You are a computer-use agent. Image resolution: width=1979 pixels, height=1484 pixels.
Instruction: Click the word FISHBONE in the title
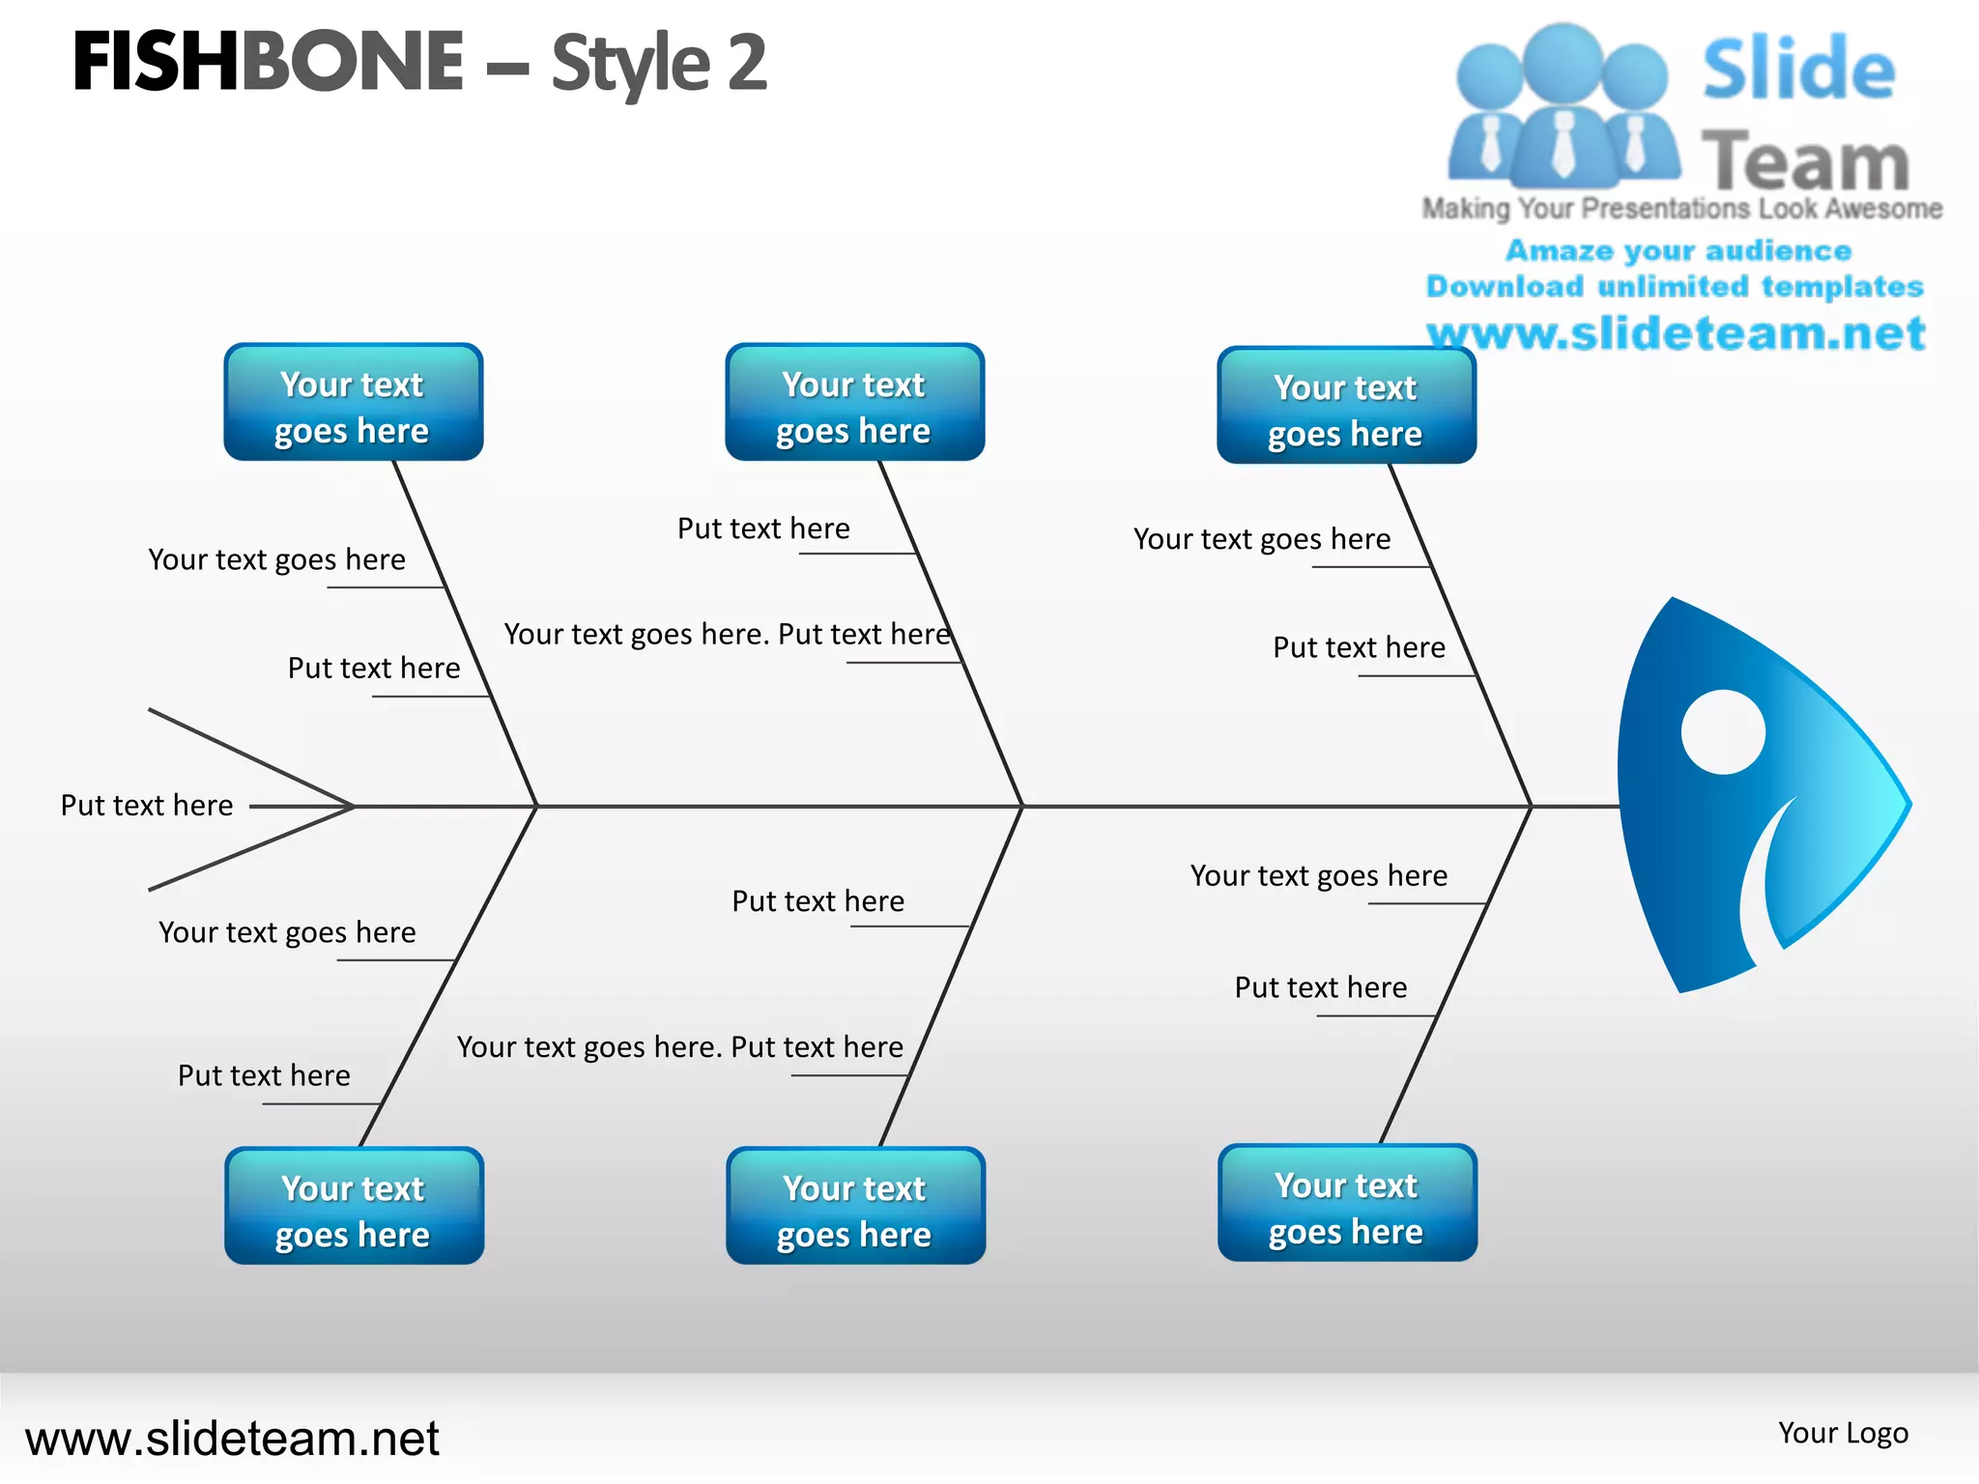point(268,62)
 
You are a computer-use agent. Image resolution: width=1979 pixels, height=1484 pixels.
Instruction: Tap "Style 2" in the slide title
point(659,64)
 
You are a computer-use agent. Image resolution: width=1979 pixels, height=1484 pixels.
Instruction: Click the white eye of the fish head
point(1723,731)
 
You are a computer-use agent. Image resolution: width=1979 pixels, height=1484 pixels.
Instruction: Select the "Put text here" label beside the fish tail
point(147,805)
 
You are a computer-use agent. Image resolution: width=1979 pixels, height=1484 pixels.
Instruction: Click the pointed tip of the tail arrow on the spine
point(353,805)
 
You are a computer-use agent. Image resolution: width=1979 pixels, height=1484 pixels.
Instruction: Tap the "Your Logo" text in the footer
point(1843,1433)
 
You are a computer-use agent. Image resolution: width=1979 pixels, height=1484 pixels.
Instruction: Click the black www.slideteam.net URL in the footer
point(232,1438)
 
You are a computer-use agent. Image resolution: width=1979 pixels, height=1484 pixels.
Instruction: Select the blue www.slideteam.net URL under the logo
point(1676,333)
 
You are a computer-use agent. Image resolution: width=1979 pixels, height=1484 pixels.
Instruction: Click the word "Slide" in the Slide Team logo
point(1798,70)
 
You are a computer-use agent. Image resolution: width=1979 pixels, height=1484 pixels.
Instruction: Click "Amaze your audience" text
point(1678,250)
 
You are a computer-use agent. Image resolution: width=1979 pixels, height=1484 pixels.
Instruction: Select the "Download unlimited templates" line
point(1675,286)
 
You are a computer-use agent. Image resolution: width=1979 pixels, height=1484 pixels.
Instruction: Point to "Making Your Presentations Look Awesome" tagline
point(1681,209)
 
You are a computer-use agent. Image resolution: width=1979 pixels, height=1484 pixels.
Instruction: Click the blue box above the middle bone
point(854,402)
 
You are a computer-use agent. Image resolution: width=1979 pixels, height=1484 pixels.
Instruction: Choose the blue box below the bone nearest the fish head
point(1347,1203)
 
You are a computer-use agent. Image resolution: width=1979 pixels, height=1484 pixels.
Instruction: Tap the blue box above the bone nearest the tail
point(353,402)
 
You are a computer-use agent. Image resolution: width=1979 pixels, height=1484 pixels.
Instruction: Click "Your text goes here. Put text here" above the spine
point(728,634)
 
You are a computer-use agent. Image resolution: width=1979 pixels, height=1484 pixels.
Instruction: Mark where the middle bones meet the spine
point(1021,805)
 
